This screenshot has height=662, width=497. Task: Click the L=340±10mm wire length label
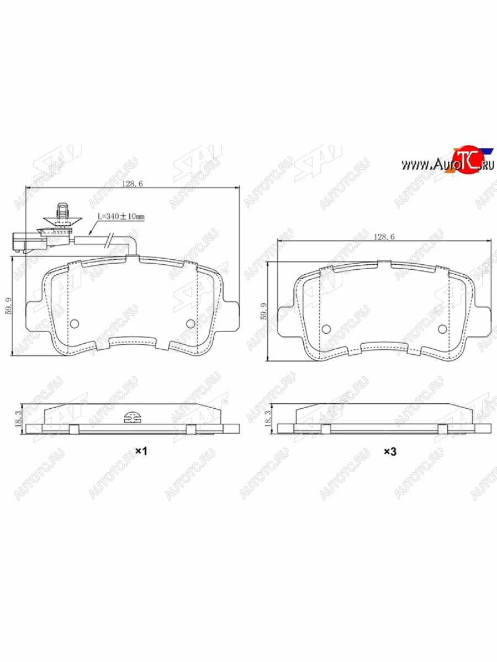coord(121,217)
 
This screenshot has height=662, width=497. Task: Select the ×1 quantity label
coord(141,451)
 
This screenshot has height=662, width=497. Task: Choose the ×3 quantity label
coord(390,451)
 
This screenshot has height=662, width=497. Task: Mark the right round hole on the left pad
coord(191,324)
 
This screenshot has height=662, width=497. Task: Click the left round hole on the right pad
coord(326,329)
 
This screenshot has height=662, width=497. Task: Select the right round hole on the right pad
coord(442,329)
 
